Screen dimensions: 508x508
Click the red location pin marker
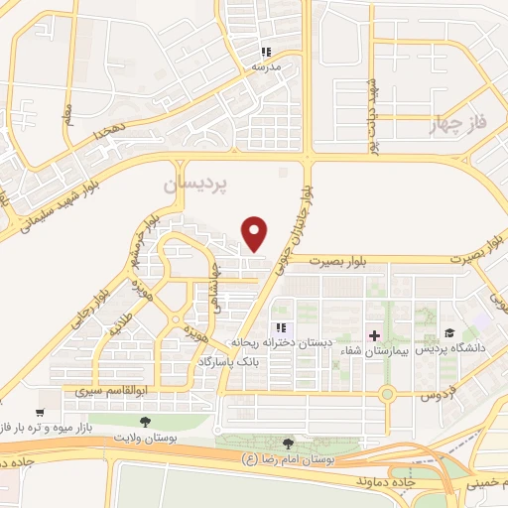click(256, 233)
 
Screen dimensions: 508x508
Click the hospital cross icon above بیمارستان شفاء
click(374, 334)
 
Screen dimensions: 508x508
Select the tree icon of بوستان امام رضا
click(288, 444)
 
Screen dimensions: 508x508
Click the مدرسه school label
click(265, 65)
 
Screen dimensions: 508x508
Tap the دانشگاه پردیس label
click(450, 349)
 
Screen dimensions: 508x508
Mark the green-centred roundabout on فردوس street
click(387, 394)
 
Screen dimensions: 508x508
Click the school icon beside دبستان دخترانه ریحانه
click(282, 327)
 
